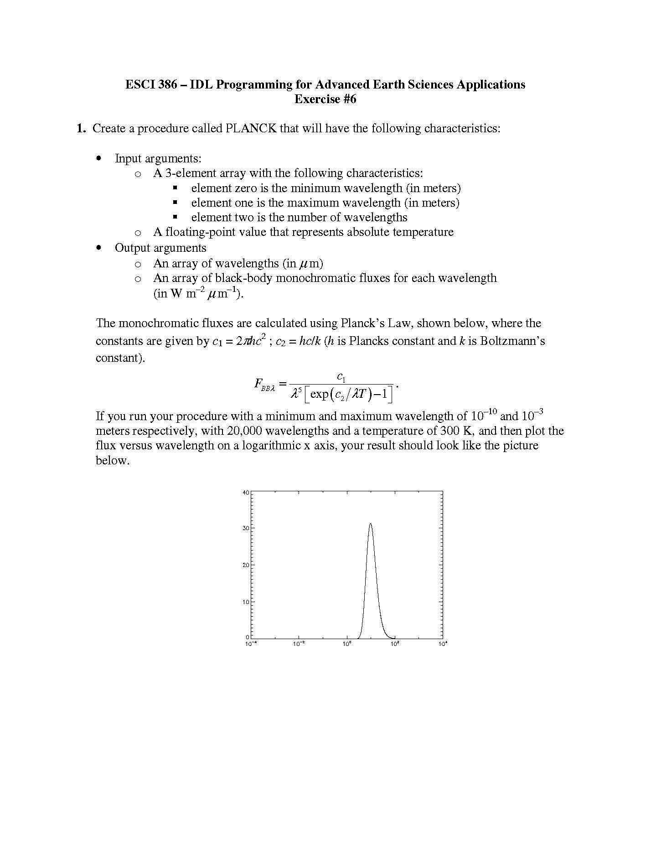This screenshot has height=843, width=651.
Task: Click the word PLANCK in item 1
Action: (251, 128)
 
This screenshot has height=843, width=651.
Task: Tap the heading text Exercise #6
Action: (325, 99)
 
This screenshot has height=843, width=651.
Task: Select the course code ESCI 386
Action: (151, 84)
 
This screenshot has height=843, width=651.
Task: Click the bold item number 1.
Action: (81, 128)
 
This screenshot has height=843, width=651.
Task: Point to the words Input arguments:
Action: (158, 158)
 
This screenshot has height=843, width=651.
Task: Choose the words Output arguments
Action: (160, 248)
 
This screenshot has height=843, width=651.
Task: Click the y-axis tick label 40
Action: (246, 493)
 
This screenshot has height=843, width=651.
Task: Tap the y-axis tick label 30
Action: (246, 528)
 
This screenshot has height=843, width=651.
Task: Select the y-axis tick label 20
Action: (246, 565)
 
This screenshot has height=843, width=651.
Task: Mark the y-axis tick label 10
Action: (246, 602)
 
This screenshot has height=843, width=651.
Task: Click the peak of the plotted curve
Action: (370, 524)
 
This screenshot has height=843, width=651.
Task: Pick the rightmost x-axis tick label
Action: (443, 644)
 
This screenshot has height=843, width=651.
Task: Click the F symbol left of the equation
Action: (258, 383)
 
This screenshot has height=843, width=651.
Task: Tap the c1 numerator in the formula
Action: (341, 377)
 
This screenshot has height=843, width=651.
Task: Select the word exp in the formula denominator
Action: (319, 394)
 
